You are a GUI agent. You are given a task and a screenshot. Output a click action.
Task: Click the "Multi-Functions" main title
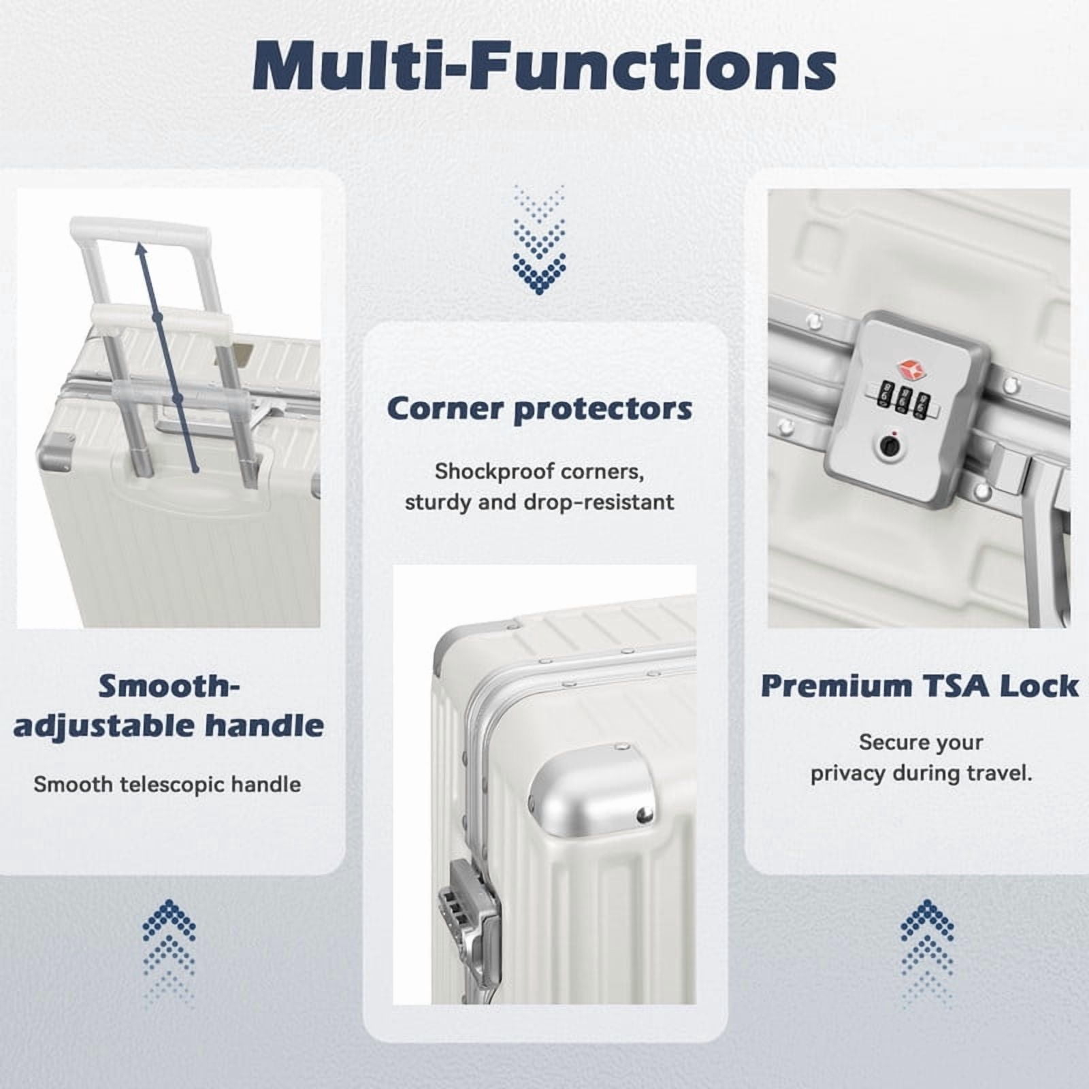click(544, 66)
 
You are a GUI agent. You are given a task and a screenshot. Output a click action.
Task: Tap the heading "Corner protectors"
click(540, 409)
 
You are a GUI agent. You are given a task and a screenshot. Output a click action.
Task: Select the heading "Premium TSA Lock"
click(920, 686)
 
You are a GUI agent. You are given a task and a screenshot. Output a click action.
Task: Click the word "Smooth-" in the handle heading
click(169, 686)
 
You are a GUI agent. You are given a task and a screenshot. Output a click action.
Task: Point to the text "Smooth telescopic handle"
click(167, 785)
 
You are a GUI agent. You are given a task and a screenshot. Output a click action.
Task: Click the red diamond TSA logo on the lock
click(911, 370)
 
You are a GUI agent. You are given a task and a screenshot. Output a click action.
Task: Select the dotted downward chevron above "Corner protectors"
click(539, 239)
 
